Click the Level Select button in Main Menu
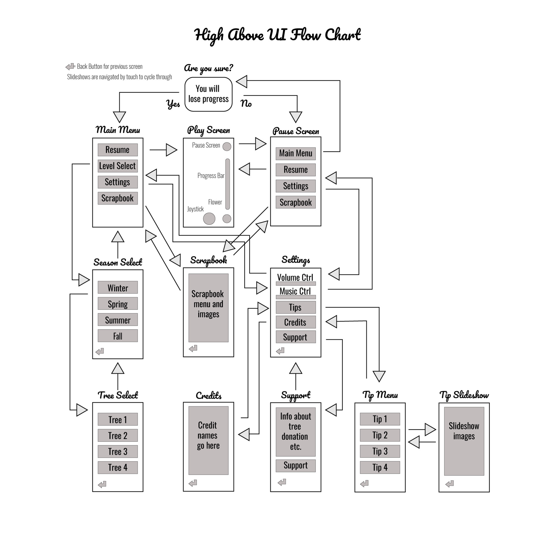point(118,166)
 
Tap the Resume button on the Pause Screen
point(295,170)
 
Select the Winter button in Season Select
point(118,288)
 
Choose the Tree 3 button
point(118,451)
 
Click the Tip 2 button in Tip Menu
point(380,435)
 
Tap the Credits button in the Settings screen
point(295,322)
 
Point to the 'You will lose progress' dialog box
point(208,94)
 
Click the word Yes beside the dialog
point(173,104)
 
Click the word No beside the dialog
point(246,103)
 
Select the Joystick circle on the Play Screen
point(209,219)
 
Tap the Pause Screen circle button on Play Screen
point(227,146)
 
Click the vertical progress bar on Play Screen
point(228,184)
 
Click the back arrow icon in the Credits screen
point(193,483)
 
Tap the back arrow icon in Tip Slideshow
point(450,484)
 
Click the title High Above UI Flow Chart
point(277,35)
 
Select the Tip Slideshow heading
point(464,395)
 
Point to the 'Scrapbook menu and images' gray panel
point(208,308)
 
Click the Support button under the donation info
point(295,465)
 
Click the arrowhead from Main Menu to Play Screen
point(171,150)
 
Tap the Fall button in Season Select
point(118,336)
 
